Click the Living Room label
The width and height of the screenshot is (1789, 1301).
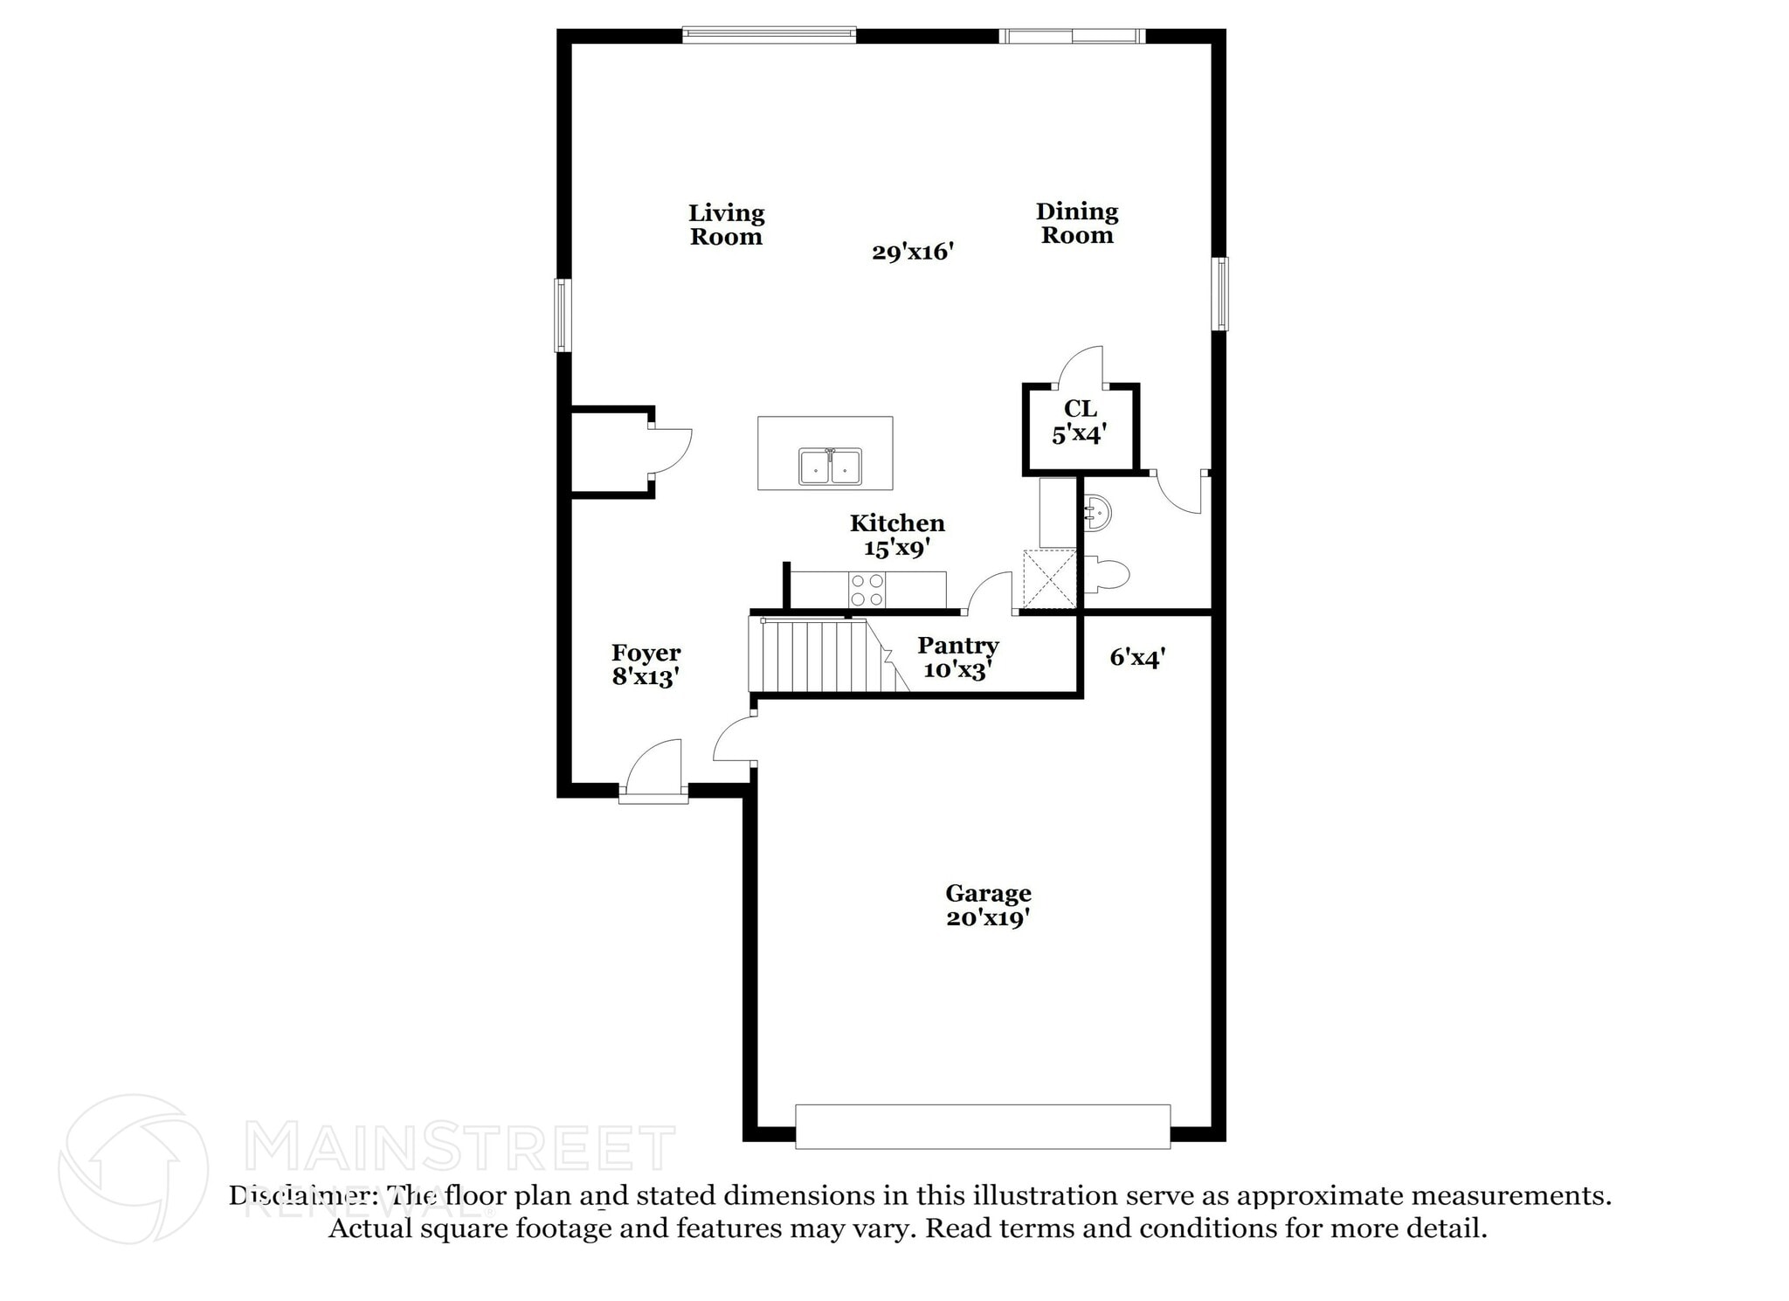(726, 225)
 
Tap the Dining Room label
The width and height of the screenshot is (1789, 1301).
(1077, 223)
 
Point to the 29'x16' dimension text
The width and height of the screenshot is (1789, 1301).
(912, 253)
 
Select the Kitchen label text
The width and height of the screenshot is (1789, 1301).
(897, 523)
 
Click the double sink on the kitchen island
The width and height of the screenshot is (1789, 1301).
(830, 467)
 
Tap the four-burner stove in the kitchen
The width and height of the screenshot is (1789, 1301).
(867, 590)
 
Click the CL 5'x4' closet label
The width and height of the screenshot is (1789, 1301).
(1081, 421)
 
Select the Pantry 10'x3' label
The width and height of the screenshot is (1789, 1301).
(957, 657)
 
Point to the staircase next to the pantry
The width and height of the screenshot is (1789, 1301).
(817, 655)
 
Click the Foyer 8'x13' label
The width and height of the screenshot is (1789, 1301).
(646, 665)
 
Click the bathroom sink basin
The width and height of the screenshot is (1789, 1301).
(1097, 514)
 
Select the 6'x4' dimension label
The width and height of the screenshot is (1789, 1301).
(1137, 657)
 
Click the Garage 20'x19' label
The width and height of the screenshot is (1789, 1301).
(988, 905)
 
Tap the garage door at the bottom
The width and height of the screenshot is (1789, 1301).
(983, 1126)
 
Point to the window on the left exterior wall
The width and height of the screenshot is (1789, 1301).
(563, 315)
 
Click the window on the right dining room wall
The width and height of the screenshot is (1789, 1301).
(1220, 294)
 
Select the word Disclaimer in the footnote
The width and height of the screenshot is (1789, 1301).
(297, 1195)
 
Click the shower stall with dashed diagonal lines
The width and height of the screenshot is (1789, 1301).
(1049, 578)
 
